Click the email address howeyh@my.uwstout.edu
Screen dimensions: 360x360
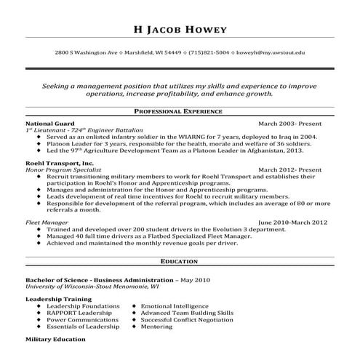(x=272, y=52)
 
